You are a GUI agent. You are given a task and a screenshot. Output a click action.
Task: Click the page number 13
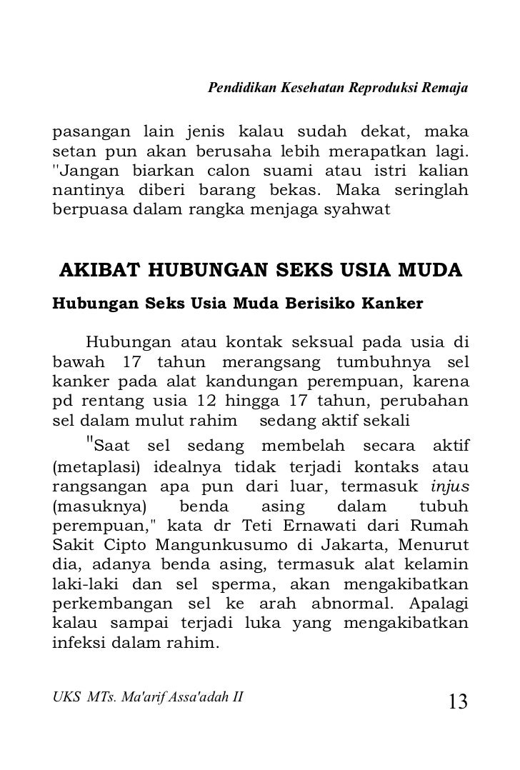tap(458, 701)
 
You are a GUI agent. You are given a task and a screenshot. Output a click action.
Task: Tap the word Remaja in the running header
tap(448, 89)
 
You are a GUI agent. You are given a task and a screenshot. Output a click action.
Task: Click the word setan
tap(68, 153)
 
